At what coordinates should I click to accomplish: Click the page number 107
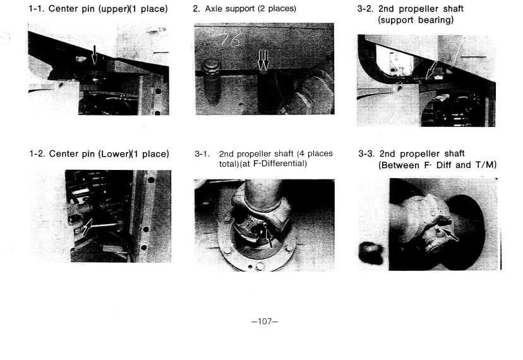pos(265,321)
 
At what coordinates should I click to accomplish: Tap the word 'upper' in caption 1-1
pos(114,9)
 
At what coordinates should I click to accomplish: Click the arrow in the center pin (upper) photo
pos(94,55)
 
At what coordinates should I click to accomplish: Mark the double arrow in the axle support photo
pos(263,61)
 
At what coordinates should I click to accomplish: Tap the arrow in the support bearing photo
pos(431,70)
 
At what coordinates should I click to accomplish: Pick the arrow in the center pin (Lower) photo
pos(87,227)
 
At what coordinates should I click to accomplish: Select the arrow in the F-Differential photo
pos(268,236)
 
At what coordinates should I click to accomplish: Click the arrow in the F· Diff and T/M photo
pos(450,234)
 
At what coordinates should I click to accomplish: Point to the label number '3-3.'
pos(366,154)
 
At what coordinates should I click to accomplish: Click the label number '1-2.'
pos(37,154)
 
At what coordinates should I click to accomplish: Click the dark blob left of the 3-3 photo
pos(371,253)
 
